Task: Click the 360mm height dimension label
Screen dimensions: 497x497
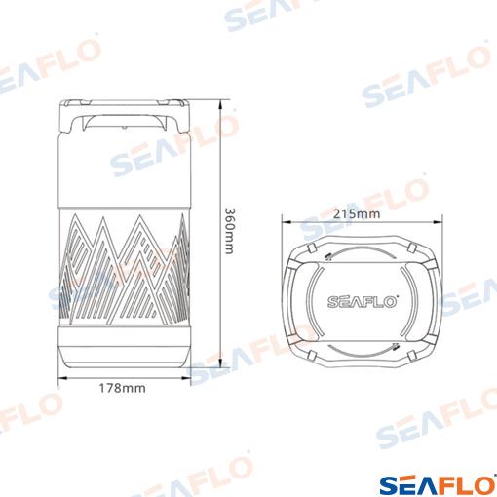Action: [229, 231]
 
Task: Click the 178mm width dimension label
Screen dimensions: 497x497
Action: [123, 388]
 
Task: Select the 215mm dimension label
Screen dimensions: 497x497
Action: [357, 214]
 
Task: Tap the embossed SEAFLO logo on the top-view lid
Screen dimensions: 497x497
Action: [363, 302]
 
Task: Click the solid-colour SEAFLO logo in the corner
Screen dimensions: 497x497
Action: [438, 485]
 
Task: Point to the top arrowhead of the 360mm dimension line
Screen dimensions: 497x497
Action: [220, 105]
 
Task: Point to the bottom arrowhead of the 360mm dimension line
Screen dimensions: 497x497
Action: [220, 363]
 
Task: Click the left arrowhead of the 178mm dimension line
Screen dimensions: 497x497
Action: [62, 378]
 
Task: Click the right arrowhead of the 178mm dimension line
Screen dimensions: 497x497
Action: [186, 378]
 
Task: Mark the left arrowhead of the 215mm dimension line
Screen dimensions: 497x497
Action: [287, 222]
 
